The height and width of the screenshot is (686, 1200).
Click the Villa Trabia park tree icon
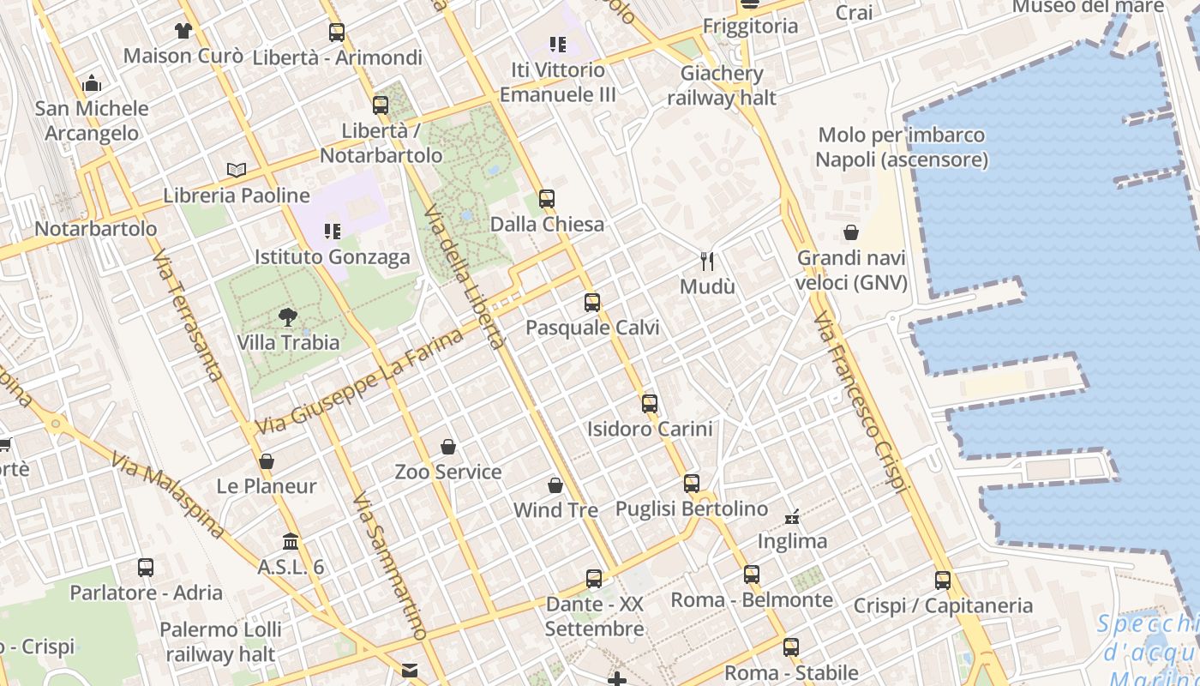[x=287, y=317]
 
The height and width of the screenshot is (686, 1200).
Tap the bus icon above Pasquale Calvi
[x=591, y=302]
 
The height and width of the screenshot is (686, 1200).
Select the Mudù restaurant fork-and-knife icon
[x=707, y=261]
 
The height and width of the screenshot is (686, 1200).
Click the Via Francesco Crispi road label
[x=860, y=402]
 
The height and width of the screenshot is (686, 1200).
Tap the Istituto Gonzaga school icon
[x=333, y=231]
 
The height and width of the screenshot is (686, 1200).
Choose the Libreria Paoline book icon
[x=237, y=170]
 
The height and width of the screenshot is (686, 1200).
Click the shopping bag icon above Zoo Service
[x=447, y=447]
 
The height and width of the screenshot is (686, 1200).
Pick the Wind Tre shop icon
[x=555, y=485]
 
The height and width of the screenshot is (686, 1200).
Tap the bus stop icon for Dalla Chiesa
[x=547, y=199]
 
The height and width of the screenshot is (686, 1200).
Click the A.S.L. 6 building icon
[x=291, y=542]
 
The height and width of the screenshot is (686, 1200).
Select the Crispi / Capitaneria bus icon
[x=943, y=580]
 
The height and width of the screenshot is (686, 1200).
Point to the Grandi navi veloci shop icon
[x=851, y=232]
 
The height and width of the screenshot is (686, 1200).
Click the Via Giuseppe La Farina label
[x=360, y=382]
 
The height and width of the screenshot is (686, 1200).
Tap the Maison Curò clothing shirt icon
[x=183, y=31]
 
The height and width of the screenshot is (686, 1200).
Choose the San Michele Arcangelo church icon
[x=92, y=83]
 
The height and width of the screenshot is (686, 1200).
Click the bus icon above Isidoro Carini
[x=650, y=403]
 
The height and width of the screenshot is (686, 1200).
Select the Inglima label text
[x=792, y=541]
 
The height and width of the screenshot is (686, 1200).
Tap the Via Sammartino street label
[x=389, y=567]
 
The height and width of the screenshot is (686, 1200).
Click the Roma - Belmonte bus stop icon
[x=752, y=574]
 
